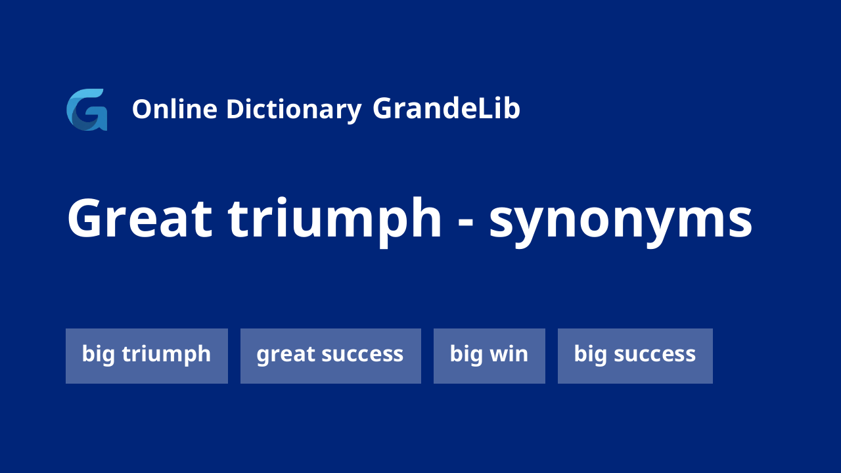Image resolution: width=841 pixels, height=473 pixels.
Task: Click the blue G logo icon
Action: click(87, 110)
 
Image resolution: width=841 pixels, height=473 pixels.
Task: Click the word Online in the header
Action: click(175, 109)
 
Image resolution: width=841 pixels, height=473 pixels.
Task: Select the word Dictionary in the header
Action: click(294, 110)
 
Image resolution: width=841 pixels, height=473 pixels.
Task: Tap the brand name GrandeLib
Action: click(446, 108)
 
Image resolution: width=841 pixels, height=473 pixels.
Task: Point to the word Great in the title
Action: click(140, 218)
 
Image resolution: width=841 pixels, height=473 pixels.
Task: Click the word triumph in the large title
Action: click(335, 222)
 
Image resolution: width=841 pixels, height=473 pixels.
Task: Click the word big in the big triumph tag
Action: click(99, 354)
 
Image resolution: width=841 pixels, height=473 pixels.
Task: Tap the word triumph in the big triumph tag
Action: click(166, 354)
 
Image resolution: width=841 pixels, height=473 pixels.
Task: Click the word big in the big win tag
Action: click(466, 354)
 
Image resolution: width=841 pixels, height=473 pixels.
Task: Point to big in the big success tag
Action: click(590, 354)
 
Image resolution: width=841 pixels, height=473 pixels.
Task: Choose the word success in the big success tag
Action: click(655, 355)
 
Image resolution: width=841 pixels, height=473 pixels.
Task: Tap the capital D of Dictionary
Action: click(235, 109)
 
